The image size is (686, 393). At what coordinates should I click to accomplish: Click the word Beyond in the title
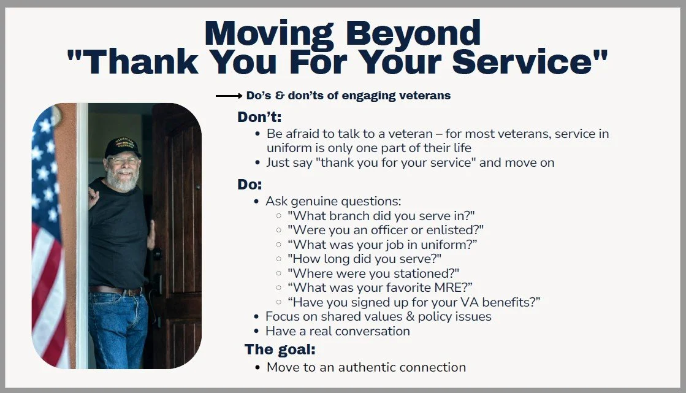click(x=413, y=34)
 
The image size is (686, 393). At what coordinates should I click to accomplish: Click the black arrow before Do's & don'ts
click(x=229, y=96)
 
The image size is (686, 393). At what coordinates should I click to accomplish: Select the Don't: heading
click(x=259, y=117)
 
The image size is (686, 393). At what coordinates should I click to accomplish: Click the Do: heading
click(x=250, y=185)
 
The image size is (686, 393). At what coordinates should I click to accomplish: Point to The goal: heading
click(x=280, y=349)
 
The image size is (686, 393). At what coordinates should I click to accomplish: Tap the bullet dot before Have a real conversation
click(x=256, y=331)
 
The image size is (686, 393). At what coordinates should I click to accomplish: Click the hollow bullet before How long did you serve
click(x=279, y=259)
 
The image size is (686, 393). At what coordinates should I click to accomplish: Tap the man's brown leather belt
click(x=115, y=290)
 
